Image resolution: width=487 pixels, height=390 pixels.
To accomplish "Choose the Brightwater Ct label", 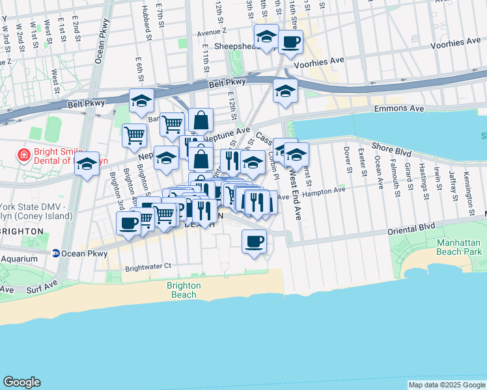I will pyautogui.click(x=148, y=266).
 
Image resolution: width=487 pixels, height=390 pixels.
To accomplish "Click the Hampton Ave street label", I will pyautogui.click(x=324, y=190).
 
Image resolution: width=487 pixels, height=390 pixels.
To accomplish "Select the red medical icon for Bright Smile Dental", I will pyautogui.click(x=23, y=155).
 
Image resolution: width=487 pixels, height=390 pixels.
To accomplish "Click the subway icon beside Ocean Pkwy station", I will pyautogui.click(x=57, y=253).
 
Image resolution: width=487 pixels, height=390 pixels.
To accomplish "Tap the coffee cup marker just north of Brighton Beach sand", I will pyautogui.click(x=254, y=242).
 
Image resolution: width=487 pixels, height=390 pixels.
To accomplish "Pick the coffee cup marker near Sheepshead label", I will pyautogui.click(x=290, y=42).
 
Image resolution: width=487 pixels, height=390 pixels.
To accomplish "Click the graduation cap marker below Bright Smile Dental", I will pyautogui.click(x=87, y=165).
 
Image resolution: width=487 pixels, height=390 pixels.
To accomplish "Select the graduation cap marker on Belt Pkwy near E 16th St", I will pyautogui.click(x=285, y=91).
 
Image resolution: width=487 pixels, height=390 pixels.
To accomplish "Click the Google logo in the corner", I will pyautogui.click(x=21, y=382).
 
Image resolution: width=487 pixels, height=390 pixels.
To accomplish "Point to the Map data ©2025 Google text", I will pyautogui.click(x=447, y=385).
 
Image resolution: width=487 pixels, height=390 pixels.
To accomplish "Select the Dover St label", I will pyautogui.click(x=347, y=161).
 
